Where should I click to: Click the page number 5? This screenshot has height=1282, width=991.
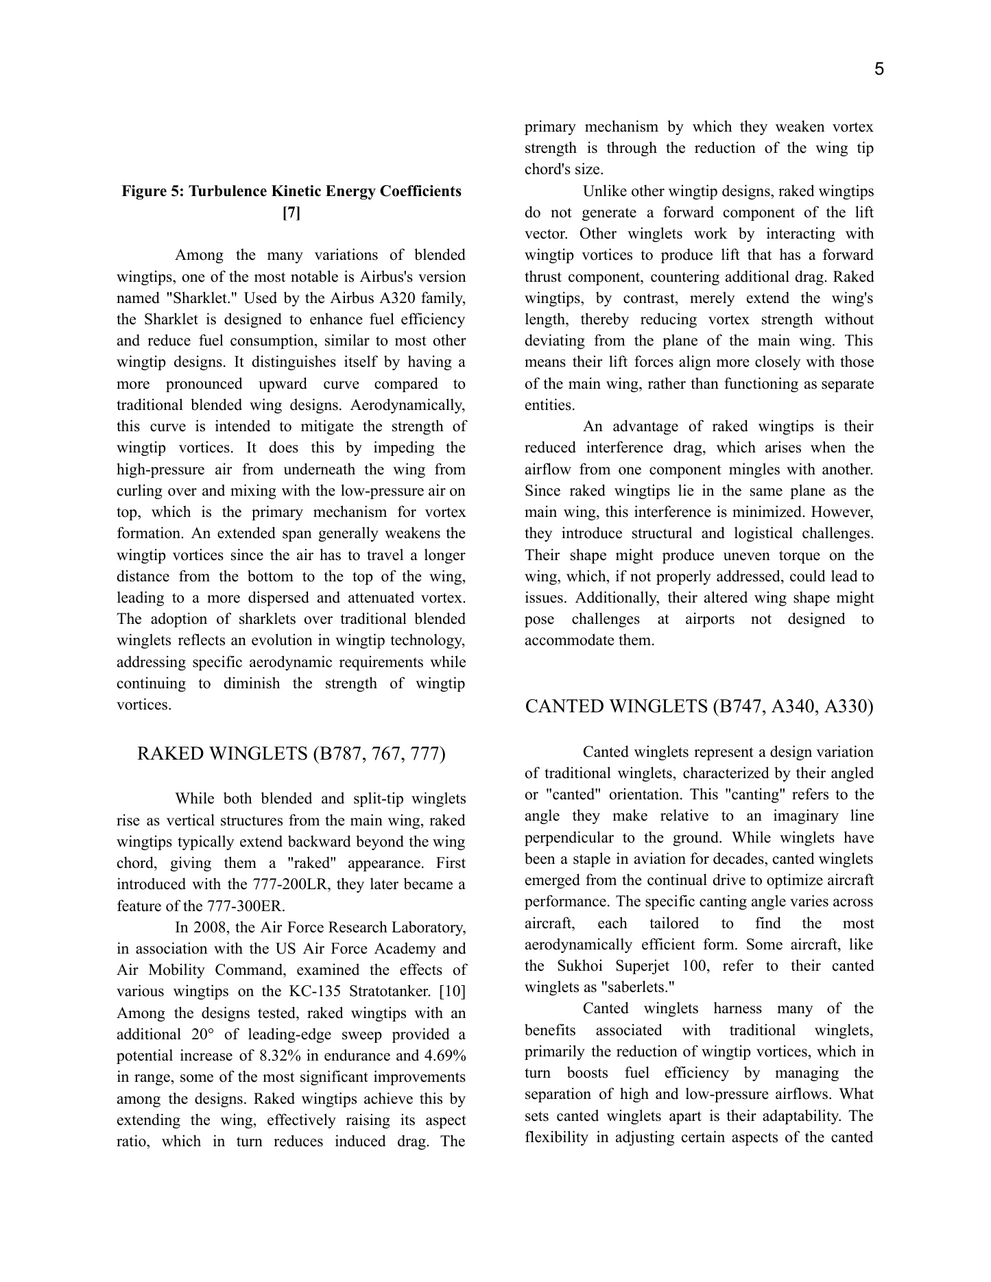[879, 69]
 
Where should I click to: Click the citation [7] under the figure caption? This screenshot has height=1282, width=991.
[291, 213]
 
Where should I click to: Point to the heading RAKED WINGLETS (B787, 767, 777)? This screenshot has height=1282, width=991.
[291, 754]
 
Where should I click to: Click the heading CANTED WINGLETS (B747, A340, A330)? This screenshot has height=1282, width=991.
[699, 707]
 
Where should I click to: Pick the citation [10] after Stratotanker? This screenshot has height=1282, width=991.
[451, 991]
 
